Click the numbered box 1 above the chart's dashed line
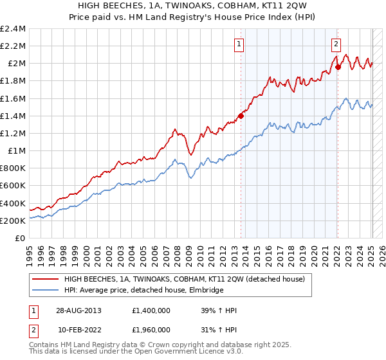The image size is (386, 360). click(x=239, y=44)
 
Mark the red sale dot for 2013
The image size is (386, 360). click(x=241, y=116)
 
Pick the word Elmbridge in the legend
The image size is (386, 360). click(x=206, y=291)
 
